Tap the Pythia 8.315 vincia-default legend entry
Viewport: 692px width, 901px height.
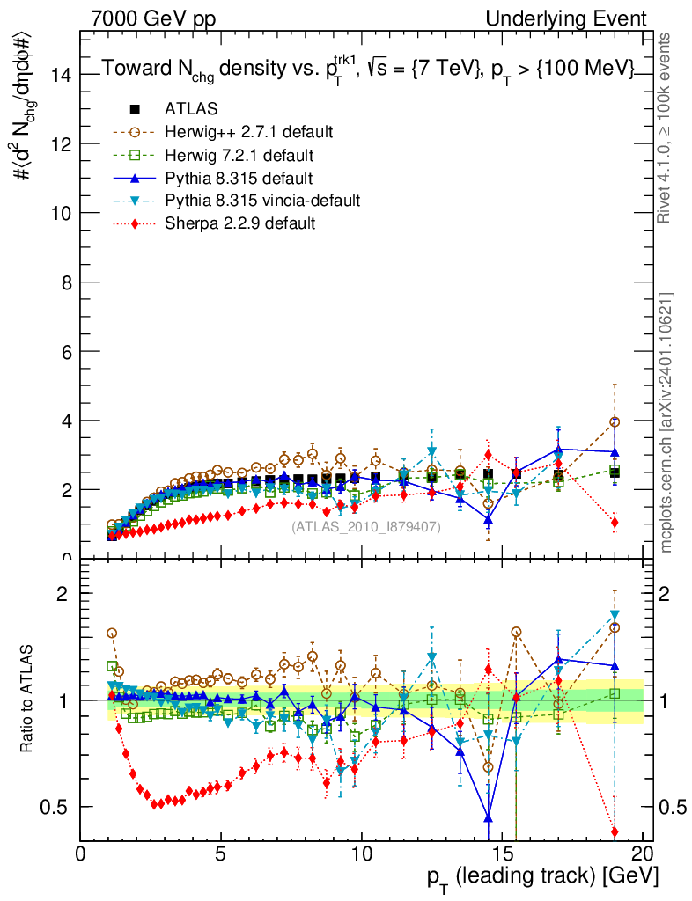[x=251, y=201]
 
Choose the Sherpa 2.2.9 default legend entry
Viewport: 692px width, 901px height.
[x=239, y=223]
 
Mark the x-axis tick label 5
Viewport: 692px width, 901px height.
[x=221, y=854]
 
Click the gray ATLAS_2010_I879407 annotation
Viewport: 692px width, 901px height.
[x=366, y=526]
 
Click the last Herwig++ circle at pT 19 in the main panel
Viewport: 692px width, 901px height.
[x=615, y=422]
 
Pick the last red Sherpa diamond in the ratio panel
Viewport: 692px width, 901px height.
[x=615, y=831]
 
